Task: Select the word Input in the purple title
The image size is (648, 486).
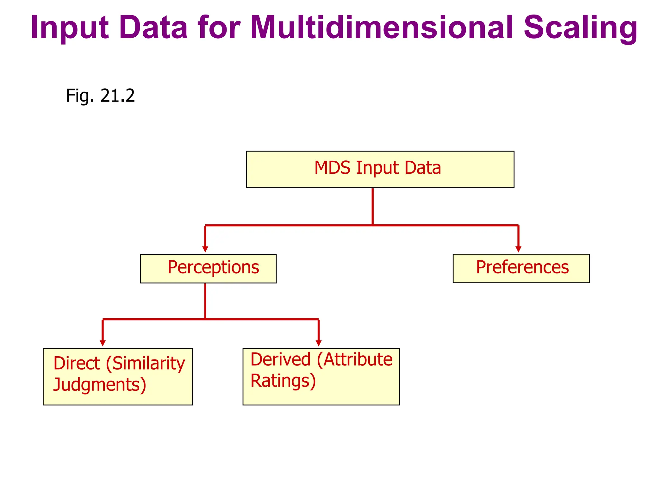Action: [x=70, y=28]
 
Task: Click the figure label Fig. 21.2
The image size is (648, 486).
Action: [x=100, y=96]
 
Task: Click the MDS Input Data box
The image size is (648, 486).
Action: [x=380, y=169]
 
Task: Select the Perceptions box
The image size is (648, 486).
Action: [x=208, y=268]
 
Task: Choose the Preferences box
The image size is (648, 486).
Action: [x=521, y=268]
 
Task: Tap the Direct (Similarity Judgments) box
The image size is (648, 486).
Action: [x=118, y=376]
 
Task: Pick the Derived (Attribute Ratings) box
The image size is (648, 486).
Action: [x=321, y=376]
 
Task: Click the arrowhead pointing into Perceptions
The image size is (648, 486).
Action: [x=205, y=249]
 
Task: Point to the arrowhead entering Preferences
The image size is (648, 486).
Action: [x=518, y=249]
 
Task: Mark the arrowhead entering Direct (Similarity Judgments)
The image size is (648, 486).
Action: [x=103, y=343]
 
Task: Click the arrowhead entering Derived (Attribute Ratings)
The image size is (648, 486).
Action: [x=319, y=343]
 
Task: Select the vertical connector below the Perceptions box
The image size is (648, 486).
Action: [x=205, y=301]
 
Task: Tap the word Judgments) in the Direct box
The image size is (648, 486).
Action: [x=100, y=385]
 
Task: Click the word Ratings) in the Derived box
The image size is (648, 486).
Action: [x=283, y=381]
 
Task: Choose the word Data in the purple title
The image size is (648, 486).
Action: [x=154, y=28]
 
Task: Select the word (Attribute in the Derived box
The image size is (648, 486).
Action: [x=354, y=360]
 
